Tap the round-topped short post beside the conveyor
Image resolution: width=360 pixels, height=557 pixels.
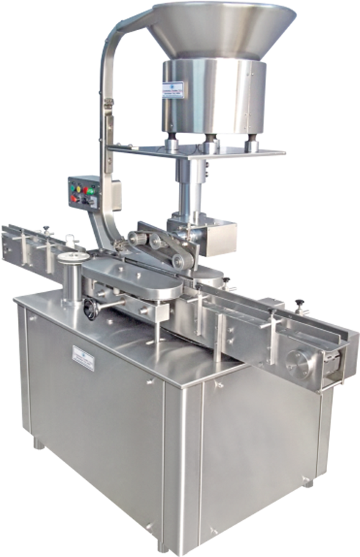(x=72, y=277)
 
